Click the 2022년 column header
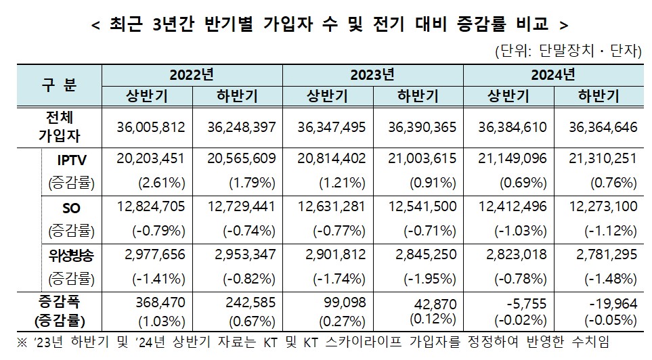pyautogui.click(x=192, y=74)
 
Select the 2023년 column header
pyautogui.click(x=372, y=74)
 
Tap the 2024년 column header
pyautogui.click(x=552, y=74)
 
